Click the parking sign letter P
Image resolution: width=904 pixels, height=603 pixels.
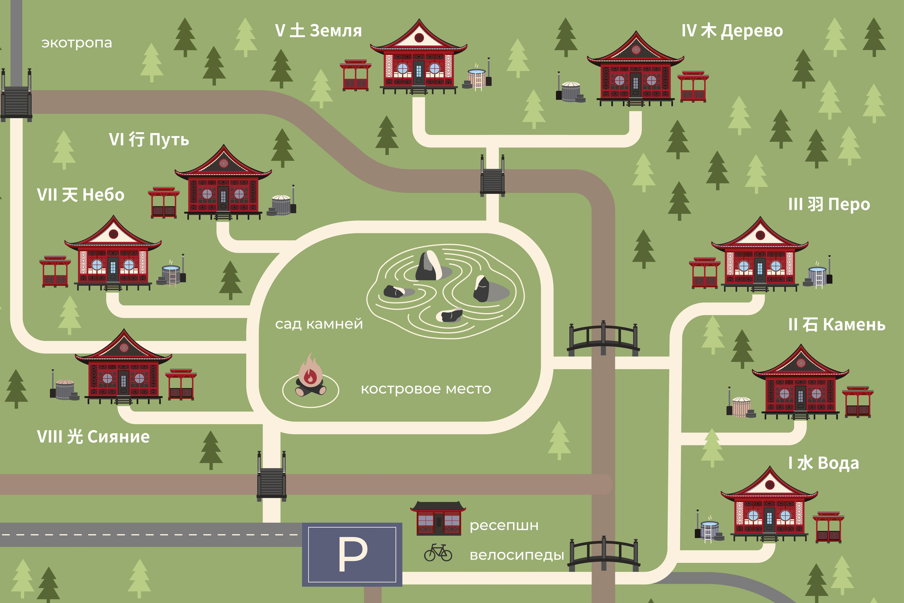pyautogui.click(x=352, y=554)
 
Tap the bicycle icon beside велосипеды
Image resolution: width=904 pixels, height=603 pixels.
pyautogui.click(x=438, y=552)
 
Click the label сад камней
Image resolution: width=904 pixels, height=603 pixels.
pyautogui.click(x=319, y=324)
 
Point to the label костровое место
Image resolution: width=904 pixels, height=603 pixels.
pyautogui.click(x=426, y=389)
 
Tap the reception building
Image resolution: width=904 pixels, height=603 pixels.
pyautogui.click(x=438, y=518)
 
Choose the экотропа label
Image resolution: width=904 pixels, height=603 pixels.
pyautogui.click(x=76, y=43)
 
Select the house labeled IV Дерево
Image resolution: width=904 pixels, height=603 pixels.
pyautogui.click(x=635, y=69)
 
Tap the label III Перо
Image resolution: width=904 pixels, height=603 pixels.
pyautogui.click(x=829, y=204)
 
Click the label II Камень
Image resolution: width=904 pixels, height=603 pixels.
pyautogui.click(x=837, y=325)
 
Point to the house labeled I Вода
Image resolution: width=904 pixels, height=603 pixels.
pyautogui.click(x=769, y=504)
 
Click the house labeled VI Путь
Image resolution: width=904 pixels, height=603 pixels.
pyautogui.click(x=223, y=183)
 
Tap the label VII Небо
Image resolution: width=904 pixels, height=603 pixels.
pyautogui.click(x=81, y=195)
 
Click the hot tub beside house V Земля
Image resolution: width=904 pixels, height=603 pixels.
pyautogui.click(x=477, y=77)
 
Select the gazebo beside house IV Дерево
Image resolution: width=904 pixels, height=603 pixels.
pyautogui.click(x=693, y=87)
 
